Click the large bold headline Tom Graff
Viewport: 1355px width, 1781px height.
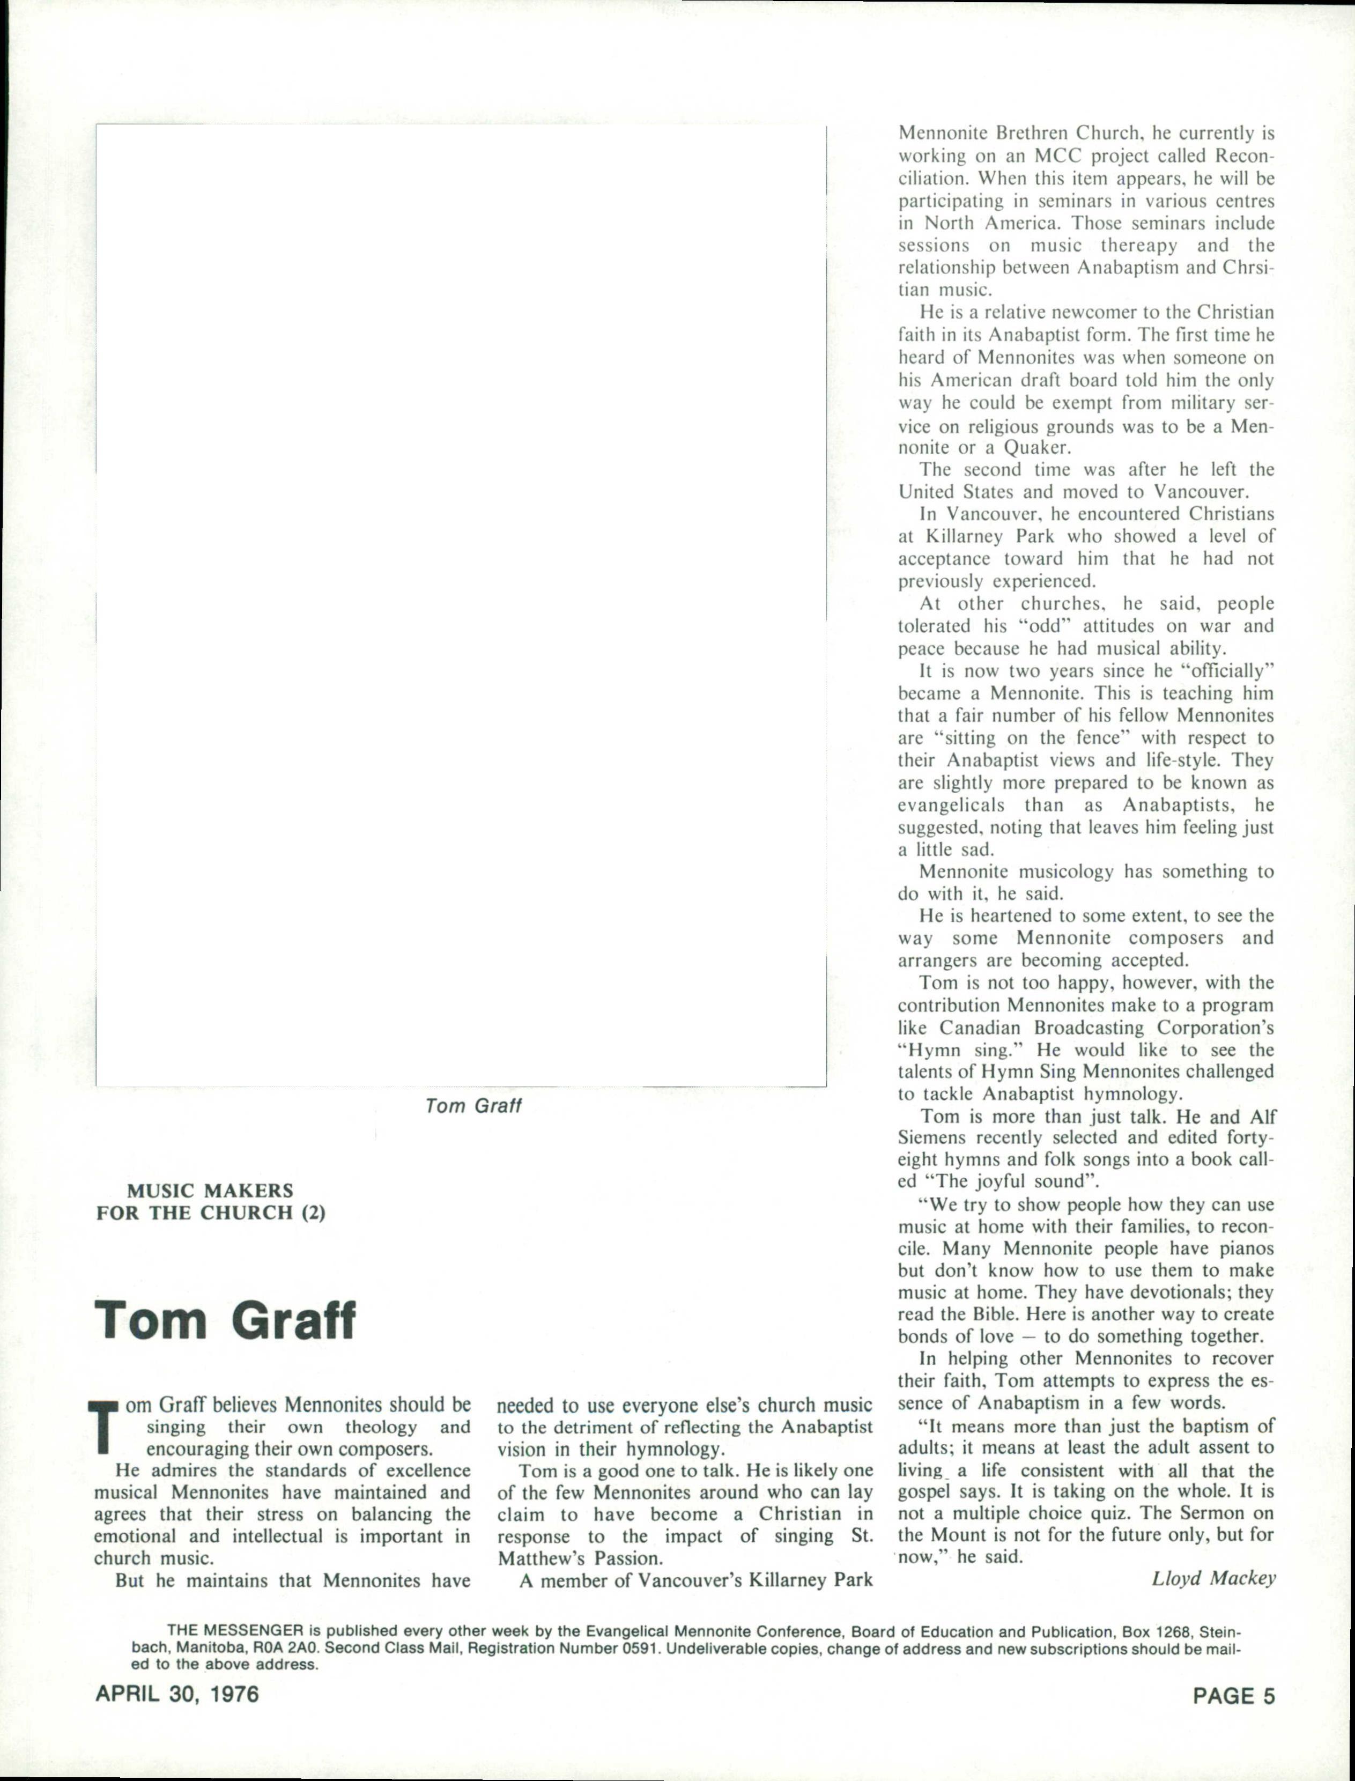coord(225,1320)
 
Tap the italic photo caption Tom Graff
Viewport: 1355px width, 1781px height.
coord(473,1106)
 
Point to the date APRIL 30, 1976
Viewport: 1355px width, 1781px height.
coord(177,1694)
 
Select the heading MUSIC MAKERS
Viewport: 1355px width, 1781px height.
coord(210,1191)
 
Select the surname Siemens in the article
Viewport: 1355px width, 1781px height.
coord(932,1137)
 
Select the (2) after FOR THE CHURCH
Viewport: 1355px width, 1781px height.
coord(313,1213)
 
